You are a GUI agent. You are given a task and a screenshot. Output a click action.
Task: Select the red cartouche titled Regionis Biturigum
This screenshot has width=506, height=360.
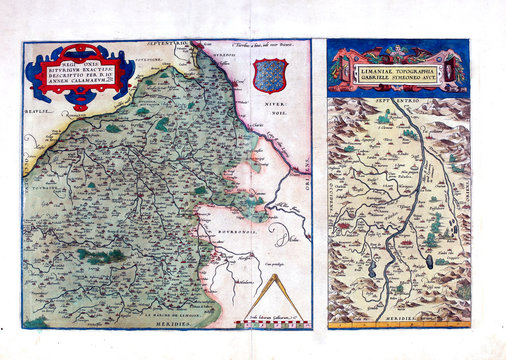79,79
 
